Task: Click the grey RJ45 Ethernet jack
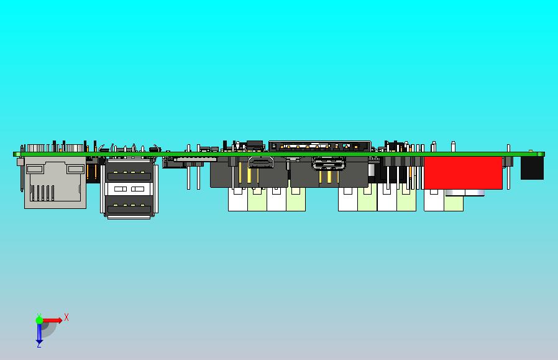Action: (55, 182)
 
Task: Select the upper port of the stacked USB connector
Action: (129, 175)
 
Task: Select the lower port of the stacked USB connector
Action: (129, 209)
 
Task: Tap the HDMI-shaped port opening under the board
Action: (260, 162)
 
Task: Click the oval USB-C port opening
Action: (329, 164)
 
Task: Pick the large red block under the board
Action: (463, 173)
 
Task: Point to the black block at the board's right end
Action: (532, 168)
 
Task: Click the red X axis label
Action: (66, 317)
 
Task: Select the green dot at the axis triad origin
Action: (39, 320)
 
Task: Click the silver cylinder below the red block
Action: (464, 193)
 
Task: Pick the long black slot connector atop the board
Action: (319, 146)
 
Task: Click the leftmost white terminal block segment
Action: (238, 200)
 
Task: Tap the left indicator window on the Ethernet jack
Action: (35, 168)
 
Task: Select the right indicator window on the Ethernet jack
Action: (76, 168)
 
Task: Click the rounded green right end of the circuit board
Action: (541, 154)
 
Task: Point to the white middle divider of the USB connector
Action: (129, 189)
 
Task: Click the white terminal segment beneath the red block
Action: (434, 200)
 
